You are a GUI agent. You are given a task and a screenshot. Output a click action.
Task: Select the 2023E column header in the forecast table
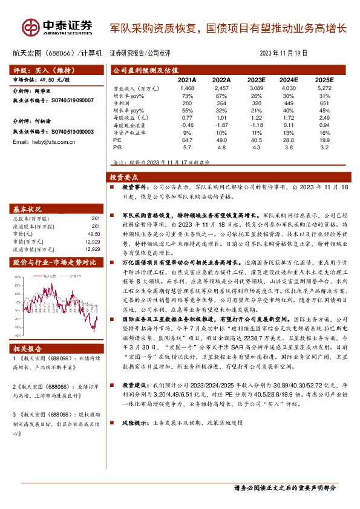click(x=256, y=79)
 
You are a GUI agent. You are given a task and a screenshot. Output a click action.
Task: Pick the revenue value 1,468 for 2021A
click(x=187, y=88)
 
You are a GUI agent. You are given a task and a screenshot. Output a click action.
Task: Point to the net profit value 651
click(x=325, y=102)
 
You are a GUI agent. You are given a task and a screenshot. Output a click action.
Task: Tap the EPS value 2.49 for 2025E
click(x=325, y=117)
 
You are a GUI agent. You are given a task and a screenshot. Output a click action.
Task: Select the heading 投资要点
click(x=124, y=177)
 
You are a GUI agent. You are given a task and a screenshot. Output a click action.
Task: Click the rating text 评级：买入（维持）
click(x=42, y=70)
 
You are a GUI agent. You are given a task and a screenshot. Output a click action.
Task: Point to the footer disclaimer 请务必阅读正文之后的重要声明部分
click(x=284, y=487)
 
